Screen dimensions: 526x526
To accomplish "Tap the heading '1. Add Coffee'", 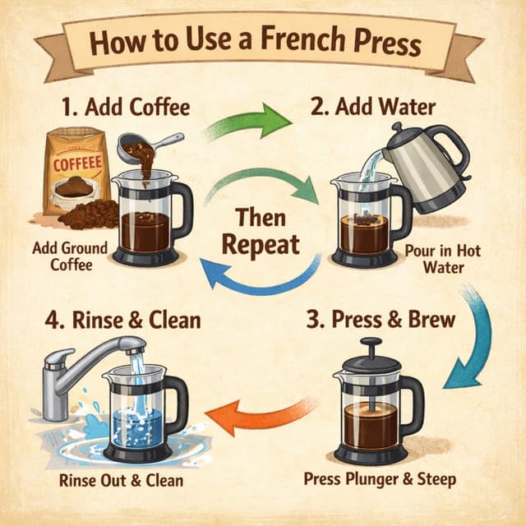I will point(125,108).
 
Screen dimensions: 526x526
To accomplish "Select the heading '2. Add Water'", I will point(372,108).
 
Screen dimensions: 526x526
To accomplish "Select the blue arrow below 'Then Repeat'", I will point(255,275).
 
